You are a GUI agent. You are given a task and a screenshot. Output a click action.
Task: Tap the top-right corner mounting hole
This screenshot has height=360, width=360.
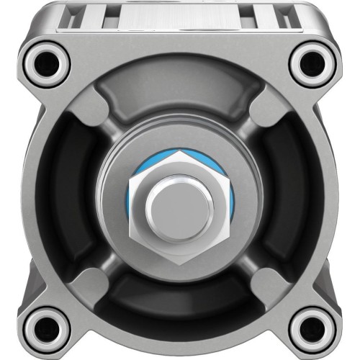[x=312, y=63]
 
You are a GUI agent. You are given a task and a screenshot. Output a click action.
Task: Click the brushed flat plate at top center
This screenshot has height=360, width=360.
[x=180, y=18]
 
